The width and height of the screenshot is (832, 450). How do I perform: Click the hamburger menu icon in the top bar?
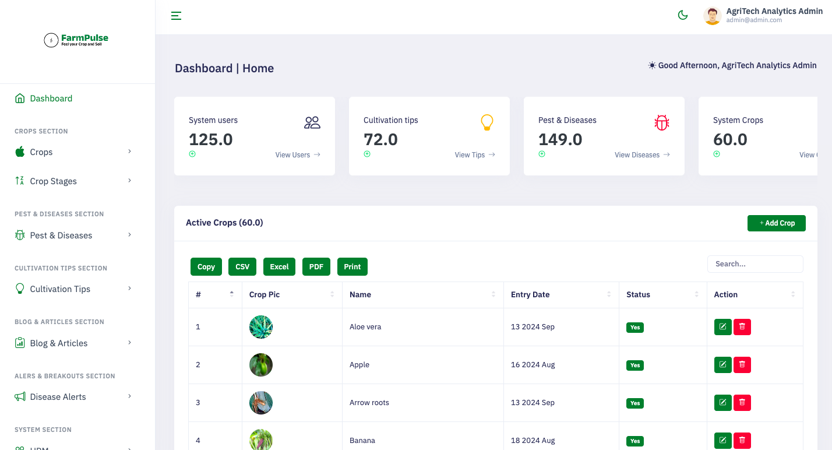pos(176,16)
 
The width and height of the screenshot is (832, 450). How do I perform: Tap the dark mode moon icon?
pos(683,15)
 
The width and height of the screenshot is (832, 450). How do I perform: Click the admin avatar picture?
pos(713,16)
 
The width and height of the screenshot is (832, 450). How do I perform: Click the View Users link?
pos(298,154)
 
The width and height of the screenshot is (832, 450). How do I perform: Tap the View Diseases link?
pos(642,154)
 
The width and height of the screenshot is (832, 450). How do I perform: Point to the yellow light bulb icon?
pos(487,122)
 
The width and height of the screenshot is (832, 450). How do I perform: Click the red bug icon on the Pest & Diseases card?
pos(661,122)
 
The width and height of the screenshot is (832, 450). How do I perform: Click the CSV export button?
pos(242,267)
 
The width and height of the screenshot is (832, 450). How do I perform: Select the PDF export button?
pos(316,267)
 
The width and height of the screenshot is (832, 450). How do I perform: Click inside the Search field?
pos(755,264)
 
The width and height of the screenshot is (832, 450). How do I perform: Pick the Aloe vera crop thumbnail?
pos(261,327)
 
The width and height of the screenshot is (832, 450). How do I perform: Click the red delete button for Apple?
pos(742,365)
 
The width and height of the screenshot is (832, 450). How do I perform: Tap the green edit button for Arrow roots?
pos(723,403)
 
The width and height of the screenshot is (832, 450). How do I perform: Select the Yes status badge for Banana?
pos(634,441)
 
